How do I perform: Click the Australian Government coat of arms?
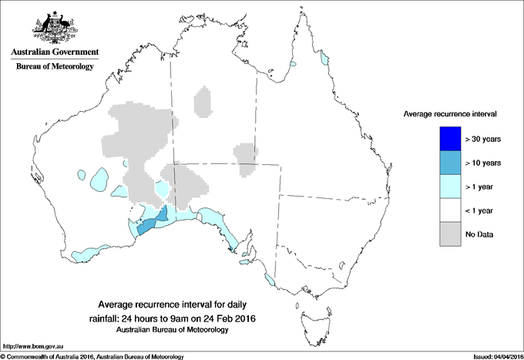pyautogui.click(x=54, y=27)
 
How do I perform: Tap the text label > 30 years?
pyautogui.click(x=484, y=139)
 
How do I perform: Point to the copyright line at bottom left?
pyautogui.click(x=92, y=356)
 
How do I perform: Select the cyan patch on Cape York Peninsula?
pyautogui.click(x=324, y=58)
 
